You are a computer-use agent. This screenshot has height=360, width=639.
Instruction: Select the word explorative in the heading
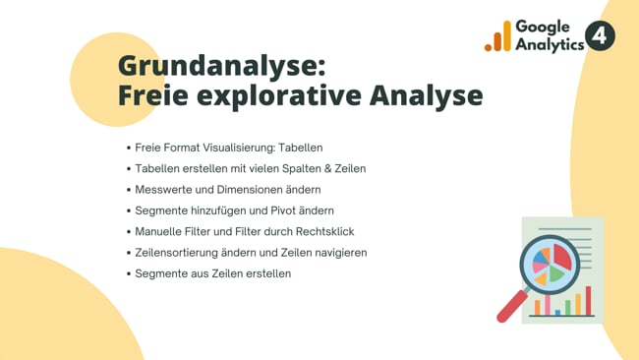pyautogui.click(x=277, y=96)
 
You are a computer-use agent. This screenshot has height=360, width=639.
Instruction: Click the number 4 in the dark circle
pyautogui.click(x=600, y=36)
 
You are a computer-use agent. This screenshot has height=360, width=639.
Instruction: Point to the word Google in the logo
pyautogui.click(x=549, y=28)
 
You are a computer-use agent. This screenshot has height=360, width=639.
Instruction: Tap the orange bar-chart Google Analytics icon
pyautogui.click(x=497, y=37)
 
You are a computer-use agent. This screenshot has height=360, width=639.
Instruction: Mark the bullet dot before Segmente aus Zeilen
pyautogui.click(x=129, y=273)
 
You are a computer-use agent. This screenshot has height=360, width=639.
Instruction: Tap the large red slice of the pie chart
pyautogui.click(x=561, y=258)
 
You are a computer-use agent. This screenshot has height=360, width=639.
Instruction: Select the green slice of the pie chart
pyautogui.click(x=554, y=274)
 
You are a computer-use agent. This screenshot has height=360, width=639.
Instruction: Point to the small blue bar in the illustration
pyautogui.click(x=557, y=312)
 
